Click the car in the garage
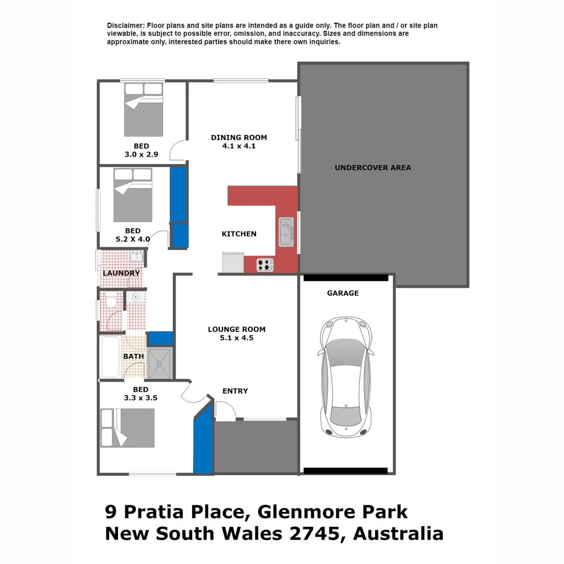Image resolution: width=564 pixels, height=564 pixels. (346, 376)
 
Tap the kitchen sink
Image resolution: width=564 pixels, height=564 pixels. (286, 231)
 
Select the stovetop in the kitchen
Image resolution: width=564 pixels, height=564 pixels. (265, 265)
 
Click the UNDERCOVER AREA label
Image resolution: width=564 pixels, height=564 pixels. (372, 168)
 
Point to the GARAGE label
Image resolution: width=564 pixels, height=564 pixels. (343, 293)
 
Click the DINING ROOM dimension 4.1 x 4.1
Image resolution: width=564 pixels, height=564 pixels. (239, 146)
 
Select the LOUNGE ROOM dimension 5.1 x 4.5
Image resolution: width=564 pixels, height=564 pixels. (237, 338)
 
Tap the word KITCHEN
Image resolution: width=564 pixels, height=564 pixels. (239, 234)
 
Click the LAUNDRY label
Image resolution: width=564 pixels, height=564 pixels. (121, 273)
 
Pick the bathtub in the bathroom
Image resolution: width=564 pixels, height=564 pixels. (110, 357)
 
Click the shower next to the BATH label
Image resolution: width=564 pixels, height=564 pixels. (160, 362)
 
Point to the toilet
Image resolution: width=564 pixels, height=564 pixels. (111, 301)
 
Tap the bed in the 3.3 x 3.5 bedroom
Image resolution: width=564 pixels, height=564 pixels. (128, 428)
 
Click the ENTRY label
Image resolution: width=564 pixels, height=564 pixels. (235, 391)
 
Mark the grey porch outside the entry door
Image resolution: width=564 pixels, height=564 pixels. (256, 446)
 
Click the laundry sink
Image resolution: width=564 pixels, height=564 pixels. (137, 256)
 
